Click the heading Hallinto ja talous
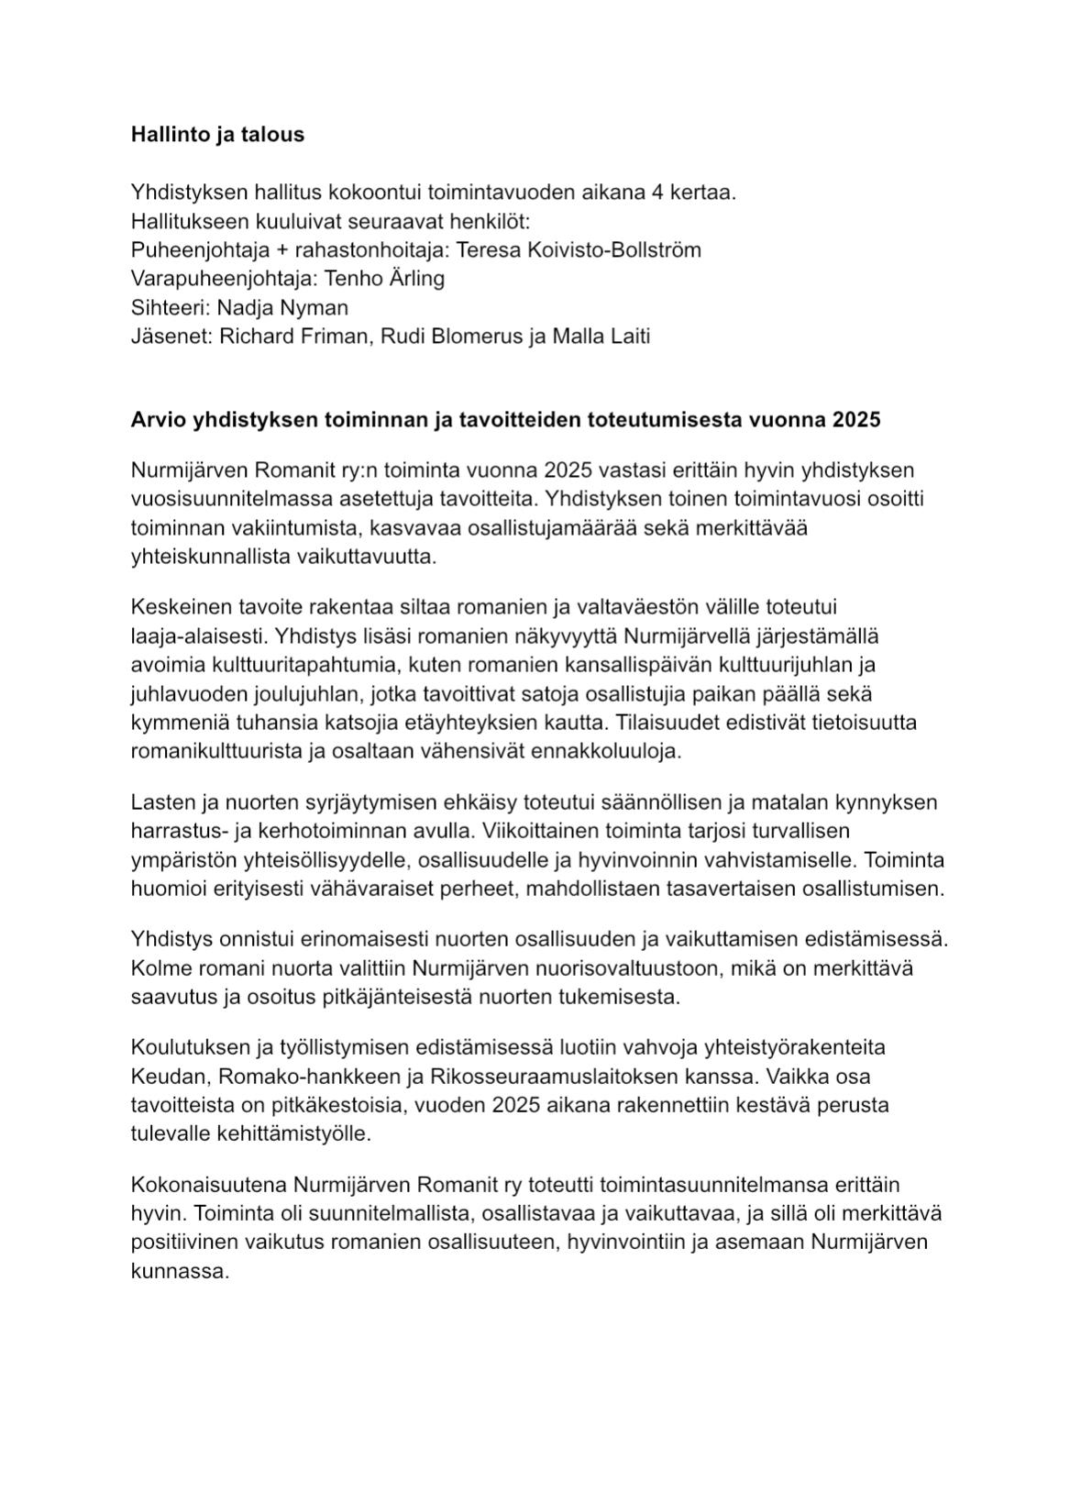tap(217, 135)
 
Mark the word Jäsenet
tap(171, 336)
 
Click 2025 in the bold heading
tap(856, 420)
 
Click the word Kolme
tap(160, 968)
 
